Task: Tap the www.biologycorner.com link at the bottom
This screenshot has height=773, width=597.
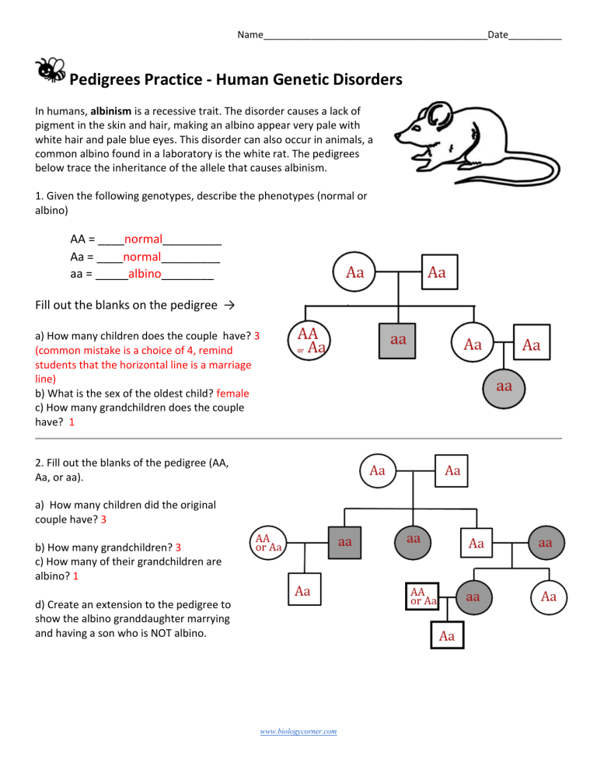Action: pos(298,731)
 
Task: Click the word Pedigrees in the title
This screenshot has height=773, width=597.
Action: pos(109,80)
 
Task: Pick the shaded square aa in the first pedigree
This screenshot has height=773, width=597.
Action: pos(398,340)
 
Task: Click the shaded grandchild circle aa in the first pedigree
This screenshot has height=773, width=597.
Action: pos(504,385)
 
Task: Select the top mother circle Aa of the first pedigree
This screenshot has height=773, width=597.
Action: pos(354,272)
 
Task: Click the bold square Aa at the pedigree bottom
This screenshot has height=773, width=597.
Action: pos(445,636)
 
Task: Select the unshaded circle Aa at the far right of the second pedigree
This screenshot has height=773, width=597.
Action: pos(548,596)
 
